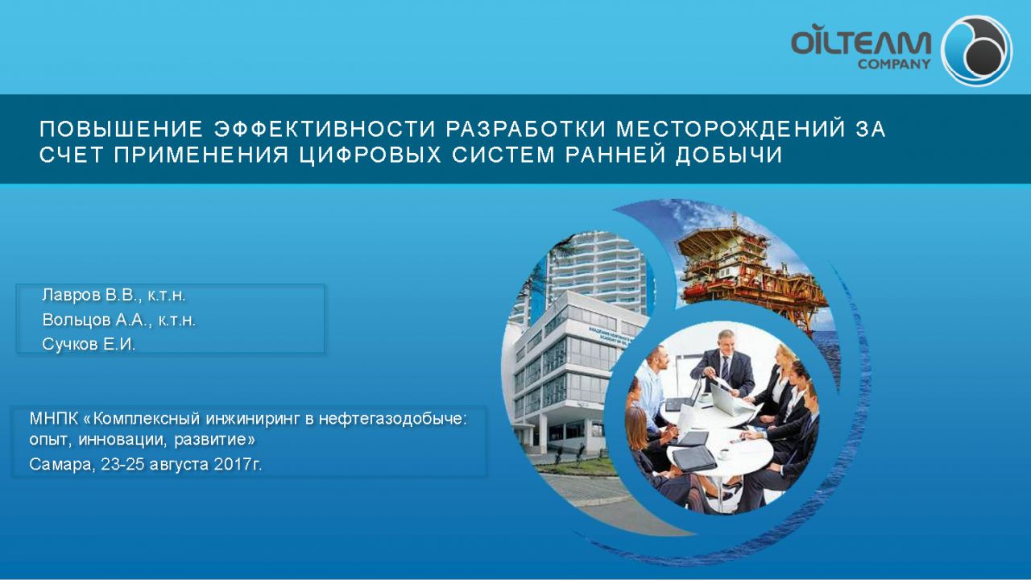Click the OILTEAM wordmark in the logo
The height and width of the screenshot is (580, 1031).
click(x=860, y=42)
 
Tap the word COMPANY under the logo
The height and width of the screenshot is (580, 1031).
click(x=894, y=64)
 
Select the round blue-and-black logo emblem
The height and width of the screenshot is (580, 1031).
click(x=975, y=50)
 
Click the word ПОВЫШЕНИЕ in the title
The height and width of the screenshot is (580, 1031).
click(x=120, y=130)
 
